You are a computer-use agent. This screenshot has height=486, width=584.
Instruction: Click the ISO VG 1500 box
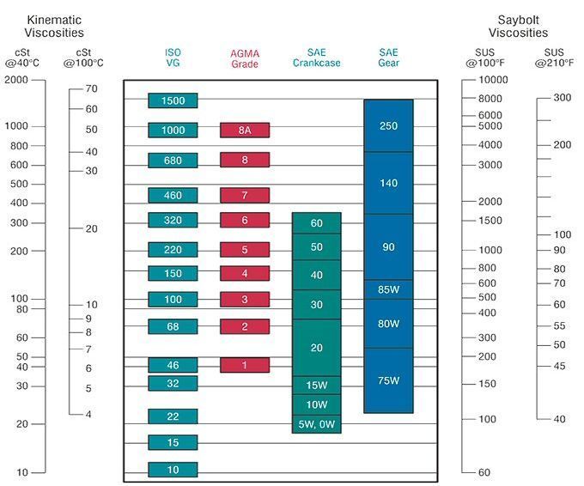tap(173, 100)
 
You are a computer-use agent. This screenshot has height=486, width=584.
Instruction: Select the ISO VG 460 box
tap(173, 195)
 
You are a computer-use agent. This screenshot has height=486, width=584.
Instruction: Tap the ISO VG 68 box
tap(173, 326)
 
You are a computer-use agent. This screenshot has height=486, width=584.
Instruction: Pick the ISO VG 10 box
tap(173, 470)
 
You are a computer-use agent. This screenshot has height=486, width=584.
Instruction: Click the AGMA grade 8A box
tap(245, 130)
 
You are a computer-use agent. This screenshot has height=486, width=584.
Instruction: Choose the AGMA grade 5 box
tap(245, 250)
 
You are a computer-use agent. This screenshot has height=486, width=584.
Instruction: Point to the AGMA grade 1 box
tap(245, 365)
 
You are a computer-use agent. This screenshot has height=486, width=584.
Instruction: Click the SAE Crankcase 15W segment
tap(317, 385)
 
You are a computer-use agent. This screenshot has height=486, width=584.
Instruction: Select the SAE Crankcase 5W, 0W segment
tap(317, 424)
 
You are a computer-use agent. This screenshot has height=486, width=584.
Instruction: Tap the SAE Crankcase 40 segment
tap(317, 275)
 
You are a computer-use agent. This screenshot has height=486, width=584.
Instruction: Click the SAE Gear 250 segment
tap(388, 125)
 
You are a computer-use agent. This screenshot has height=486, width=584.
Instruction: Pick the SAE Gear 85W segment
tap(388, 289)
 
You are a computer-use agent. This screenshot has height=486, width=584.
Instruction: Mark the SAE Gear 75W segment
tap(388, 380)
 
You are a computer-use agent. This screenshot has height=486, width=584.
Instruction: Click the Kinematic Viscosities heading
tap(55, 27)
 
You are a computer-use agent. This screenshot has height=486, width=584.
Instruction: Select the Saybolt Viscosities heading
tap(518, 27)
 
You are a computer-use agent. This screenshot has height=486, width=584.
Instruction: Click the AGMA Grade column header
tap(245, 58)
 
